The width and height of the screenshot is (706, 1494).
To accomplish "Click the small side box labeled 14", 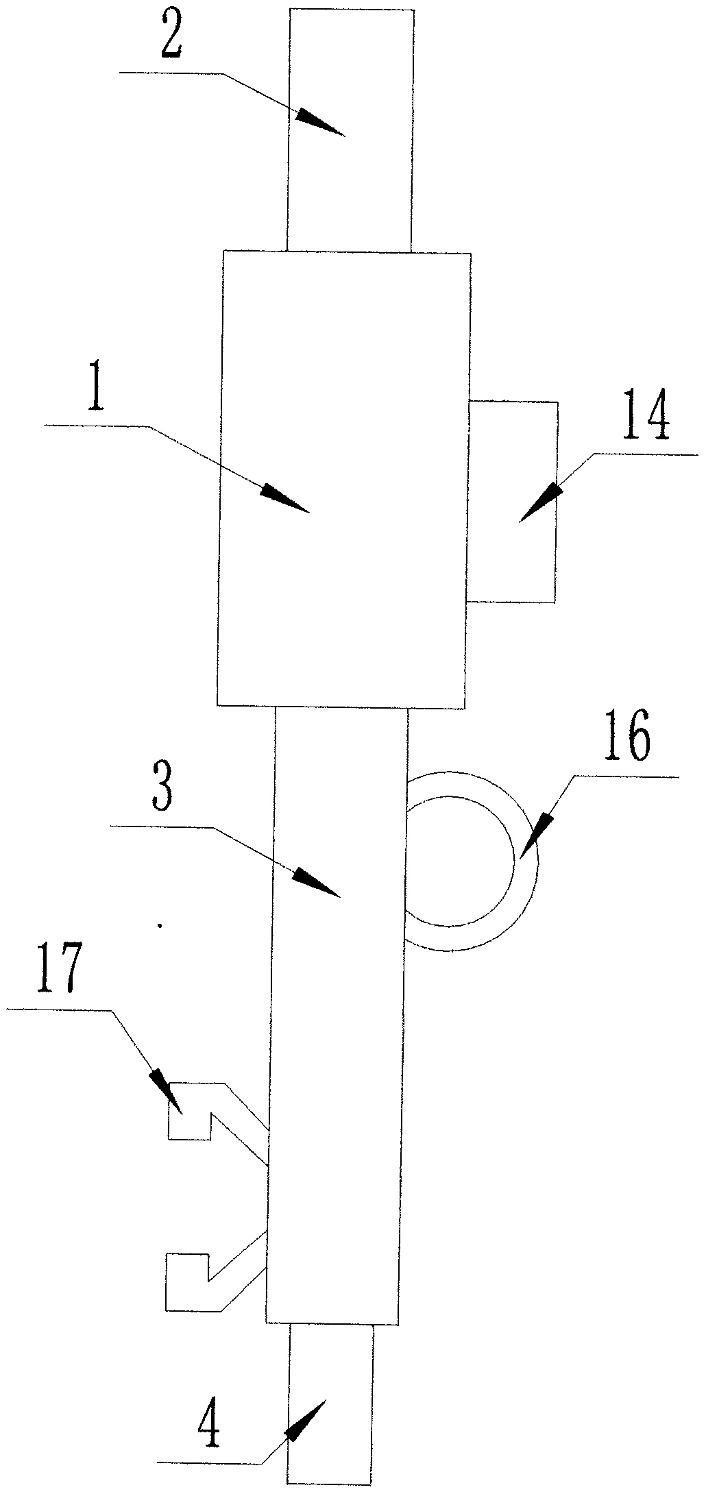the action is tap(512, 502).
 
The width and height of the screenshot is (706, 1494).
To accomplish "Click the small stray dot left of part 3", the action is tap(160, 925).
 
